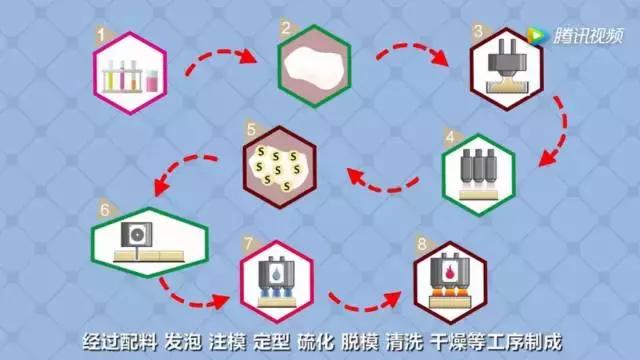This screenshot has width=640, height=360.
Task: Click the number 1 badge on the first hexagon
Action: (x=101, y=38)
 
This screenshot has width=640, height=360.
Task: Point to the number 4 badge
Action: (x=452, y=136)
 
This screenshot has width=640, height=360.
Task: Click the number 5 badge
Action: (x=251, y=128)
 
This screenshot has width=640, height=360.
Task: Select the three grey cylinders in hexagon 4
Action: (x=478, y=165)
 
